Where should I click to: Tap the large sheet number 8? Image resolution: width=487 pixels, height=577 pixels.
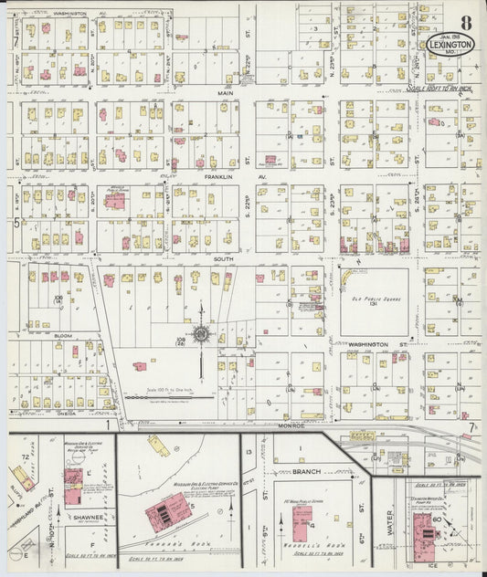[x=466, y=23]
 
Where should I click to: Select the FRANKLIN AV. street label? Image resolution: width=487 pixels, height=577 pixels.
[x=223, y=175]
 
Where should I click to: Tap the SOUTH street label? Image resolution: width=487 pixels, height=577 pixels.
[x=223, y=259]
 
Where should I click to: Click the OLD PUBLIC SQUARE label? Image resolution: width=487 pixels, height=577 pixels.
[x=374, y=293]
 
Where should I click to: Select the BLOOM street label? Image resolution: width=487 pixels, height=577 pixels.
[x=63, y=336]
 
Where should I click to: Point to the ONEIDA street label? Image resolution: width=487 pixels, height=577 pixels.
[x=63, y=412]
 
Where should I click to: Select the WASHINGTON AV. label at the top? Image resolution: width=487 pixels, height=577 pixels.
[x=69, y=14]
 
